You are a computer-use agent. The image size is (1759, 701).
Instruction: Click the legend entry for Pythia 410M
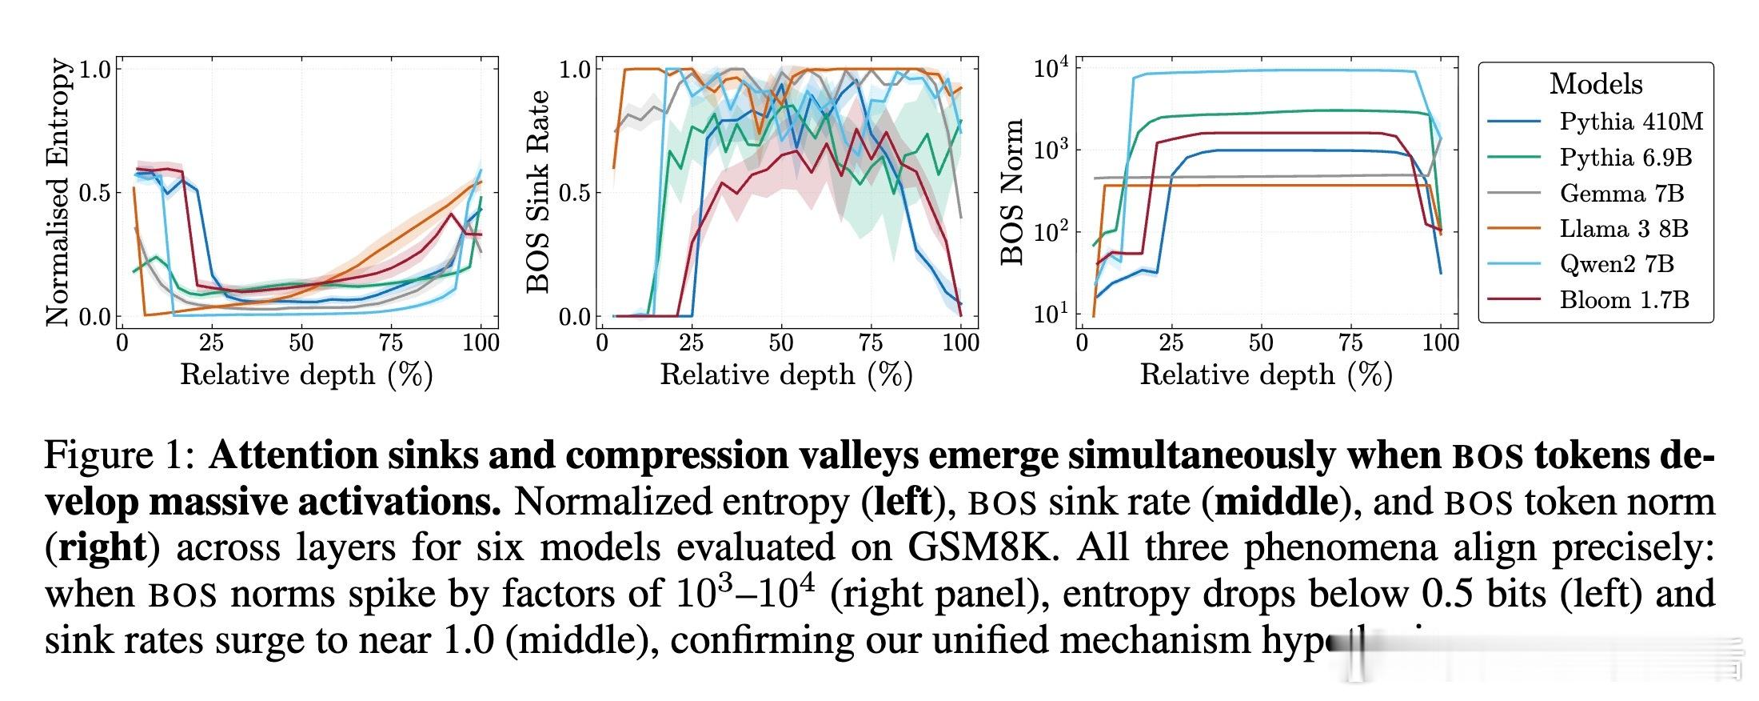pyautogui.click(x=1630, y=122)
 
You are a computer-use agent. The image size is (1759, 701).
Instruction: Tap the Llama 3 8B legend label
pyautogui.click(x=1623, y=229)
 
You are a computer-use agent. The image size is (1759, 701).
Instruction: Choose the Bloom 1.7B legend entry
pyautogui.click(x=1624, y=300)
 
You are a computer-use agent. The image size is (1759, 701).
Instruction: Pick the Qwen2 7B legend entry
pyautogui.click(x=1616, y=264)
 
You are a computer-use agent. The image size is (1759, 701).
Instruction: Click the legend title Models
pyautogui.click(x=1595, y=84)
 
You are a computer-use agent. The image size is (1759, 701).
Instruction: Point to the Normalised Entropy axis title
pyautogui.click(x=58, y=192)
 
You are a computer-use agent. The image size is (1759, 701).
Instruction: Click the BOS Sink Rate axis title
pyautogui.click(x=538, y=192)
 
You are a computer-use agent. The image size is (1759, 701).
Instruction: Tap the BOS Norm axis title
pyautogui.click(x=1012, y=192)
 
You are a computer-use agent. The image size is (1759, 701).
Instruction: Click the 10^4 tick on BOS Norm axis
pyautogui.click(x=1050, y=69)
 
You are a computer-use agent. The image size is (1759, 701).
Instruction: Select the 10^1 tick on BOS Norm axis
pyautogui.click(x=1050, y=314)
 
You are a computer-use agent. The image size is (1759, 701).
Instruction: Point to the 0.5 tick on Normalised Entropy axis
pyautogui.click(x=95, y=193)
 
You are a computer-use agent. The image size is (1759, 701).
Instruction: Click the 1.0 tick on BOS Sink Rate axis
pyautogui.click(x=575, y=70)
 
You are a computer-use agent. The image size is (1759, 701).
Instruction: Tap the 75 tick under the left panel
pyautogui.click(x=391, y=343)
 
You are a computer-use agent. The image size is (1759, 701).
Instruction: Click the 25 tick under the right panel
pyautogui.click(x=1171, y=343)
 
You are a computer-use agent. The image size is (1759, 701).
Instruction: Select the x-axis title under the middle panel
pyautogui.click(x=786, y=375)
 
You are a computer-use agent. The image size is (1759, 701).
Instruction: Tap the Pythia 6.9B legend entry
pyautogui.click(x=1625, y=158)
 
